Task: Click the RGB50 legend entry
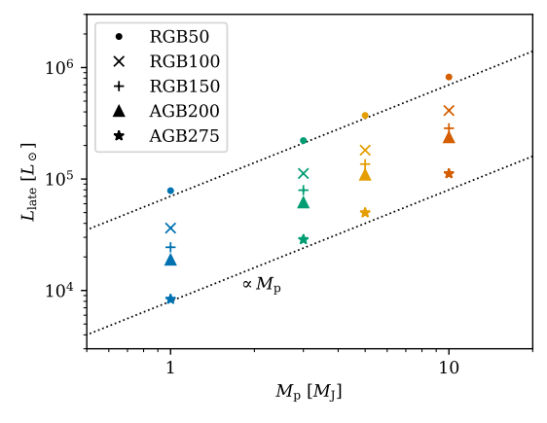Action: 163,38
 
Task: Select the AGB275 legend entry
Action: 163,135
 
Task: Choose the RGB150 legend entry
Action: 163,87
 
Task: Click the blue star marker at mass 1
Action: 170,300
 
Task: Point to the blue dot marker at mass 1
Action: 170,191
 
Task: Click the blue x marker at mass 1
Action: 170,229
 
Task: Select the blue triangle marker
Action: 170,260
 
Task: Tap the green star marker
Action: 303,239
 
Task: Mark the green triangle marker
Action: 303,202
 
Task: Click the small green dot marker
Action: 303,141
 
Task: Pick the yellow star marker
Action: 365,213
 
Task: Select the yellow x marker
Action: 365,151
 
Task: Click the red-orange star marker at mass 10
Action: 449,174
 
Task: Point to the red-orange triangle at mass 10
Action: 449,137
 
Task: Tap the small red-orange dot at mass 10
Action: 449,77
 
